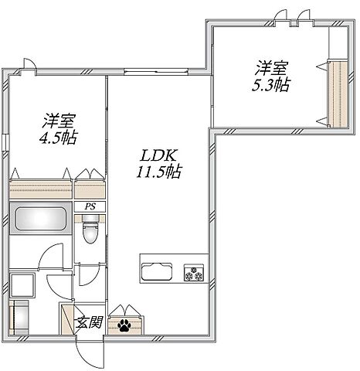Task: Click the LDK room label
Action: point(158,156)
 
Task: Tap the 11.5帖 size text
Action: point(159,172)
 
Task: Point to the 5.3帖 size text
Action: point(270,85)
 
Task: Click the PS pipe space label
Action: point(90,206)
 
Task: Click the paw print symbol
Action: point(124,325)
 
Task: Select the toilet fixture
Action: point(90,229)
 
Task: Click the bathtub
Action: point(40,219)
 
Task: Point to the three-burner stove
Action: point(194,273)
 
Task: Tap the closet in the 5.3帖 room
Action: point(338,94)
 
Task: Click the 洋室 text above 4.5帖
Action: point(59,121)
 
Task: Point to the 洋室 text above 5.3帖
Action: point(272,68)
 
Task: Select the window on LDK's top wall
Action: point(156,71)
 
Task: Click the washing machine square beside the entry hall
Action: point(22,286)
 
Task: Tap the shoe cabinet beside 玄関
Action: point(67,319)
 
